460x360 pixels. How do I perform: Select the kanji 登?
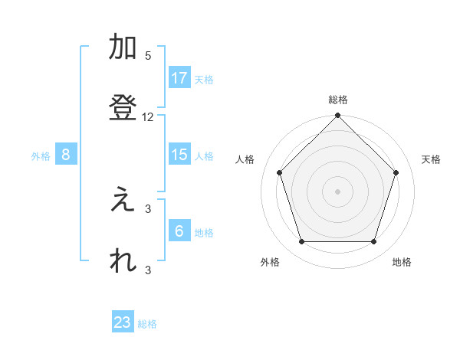pos(123,107)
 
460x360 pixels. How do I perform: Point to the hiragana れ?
pos(123,260)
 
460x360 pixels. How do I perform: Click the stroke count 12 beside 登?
pos(148,117)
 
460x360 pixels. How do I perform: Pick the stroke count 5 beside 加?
pos(148,56)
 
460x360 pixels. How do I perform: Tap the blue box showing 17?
pos(179,78)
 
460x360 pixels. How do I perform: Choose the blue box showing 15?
pos(179,155)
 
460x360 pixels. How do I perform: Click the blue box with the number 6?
pos(179,231)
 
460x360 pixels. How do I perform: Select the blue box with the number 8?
pos(66,155)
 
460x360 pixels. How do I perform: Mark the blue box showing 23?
pos(123,322)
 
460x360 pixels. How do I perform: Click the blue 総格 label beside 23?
pos(147,324)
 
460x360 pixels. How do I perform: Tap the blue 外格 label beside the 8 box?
pos(41,156)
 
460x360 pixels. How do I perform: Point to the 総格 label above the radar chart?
pos(337,100)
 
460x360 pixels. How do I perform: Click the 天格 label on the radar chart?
pos(432,159)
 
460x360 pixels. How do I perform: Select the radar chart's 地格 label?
pos(402,262)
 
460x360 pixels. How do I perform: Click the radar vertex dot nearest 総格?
pos(337,116)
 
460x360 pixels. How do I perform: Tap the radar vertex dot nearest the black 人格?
pos(279,172)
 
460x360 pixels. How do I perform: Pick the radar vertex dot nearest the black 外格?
pos(301,242)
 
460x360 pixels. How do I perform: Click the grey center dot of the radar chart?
pos(337,191)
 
